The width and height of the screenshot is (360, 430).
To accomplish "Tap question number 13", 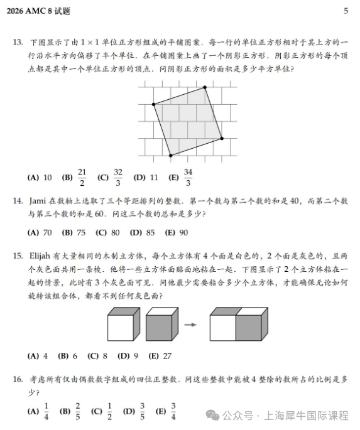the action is [x=18, y=43].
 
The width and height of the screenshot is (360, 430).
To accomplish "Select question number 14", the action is [x=18, y=201].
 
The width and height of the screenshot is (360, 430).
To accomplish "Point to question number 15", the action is [x=18, y=255].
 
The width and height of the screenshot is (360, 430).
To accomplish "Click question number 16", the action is [x=18, y=380].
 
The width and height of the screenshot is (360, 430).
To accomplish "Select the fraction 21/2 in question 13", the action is [x=82, y=178].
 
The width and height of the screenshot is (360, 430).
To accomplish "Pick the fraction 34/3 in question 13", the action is [x=188, y=178].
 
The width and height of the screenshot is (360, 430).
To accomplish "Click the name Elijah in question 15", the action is [x=41, y=255].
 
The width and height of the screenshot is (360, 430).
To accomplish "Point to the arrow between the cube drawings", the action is [x=191, y=325].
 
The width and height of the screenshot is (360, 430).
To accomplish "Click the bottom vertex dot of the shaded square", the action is [x=170, y=156].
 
